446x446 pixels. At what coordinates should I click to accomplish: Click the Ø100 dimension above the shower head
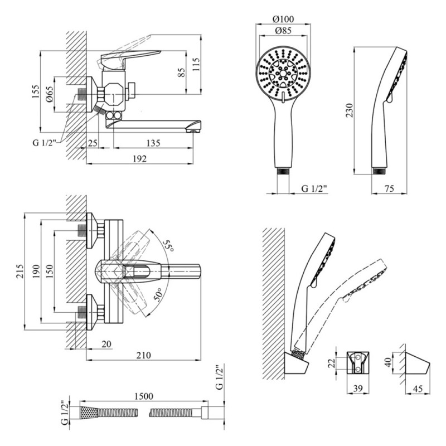(283, 19)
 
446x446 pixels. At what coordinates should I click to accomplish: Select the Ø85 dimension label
(283, 31)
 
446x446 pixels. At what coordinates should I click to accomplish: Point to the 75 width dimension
(389, 188)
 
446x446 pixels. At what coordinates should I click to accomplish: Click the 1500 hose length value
(144, 396)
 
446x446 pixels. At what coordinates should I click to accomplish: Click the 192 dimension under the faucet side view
(140, 158)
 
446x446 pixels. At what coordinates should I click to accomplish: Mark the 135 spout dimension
(153, 143)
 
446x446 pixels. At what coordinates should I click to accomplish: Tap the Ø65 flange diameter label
(49, 95)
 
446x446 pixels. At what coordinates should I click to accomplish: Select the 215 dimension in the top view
(20, 272)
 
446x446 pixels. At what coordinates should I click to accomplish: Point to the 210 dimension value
(144, 355)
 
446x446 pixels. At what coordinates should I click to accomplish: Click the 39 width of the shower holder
(358, 388)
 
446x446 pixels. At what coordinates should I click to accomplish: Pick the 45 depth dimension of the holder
(417, 388)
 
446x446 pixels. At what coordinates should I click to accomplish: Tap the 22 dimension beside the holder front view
(332, 363)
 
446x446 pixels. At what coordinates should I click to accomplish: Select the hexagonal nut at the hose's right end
(205, 413)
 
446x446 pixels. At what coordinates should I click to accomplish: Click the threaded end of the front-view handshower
(283, 171)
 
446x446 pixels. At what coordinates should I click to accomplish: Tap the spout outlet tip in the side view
(193, 131)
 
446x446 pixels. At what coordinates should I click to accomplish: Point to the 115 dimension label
(196, 64)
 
